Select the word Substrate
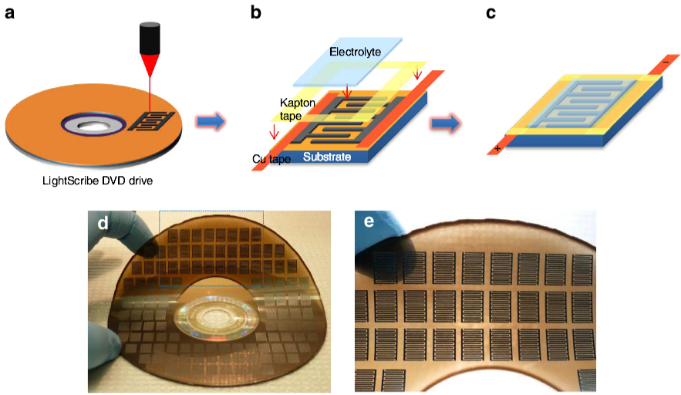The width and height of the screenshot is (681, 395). (x=327, y=157)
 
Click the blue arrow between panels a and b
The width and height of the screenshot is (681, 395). (x=210, y=121)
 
